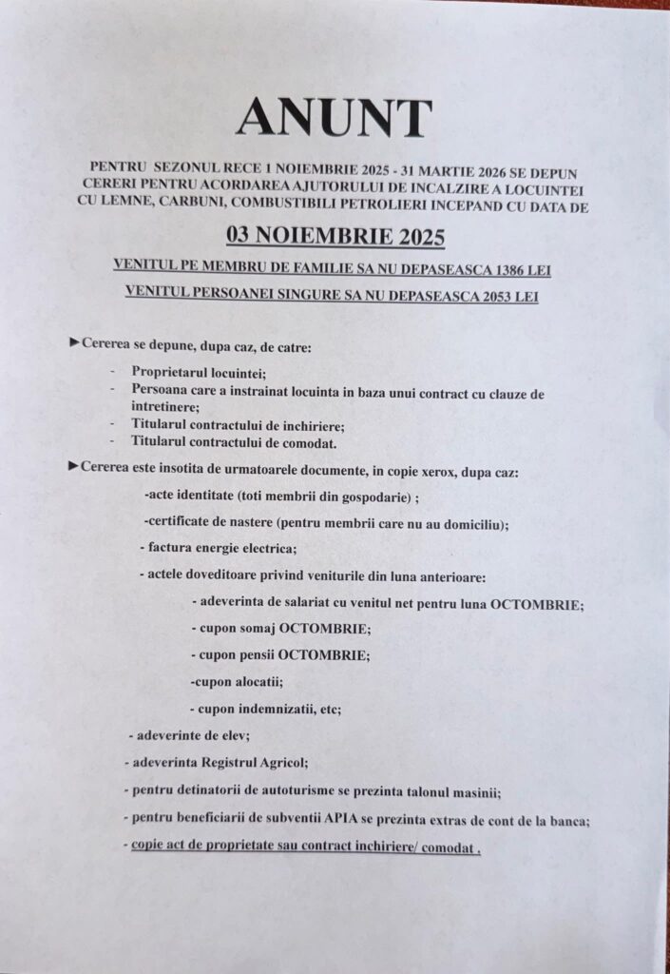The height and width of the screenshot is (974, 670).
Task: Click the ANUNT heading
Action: tap(334, 118)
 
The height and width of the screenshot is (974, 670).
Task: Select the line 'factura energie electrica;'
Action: tap(222, 550)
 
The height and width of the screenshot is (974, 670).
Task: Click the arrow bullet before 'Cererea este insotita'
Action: tap(74, 466)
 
